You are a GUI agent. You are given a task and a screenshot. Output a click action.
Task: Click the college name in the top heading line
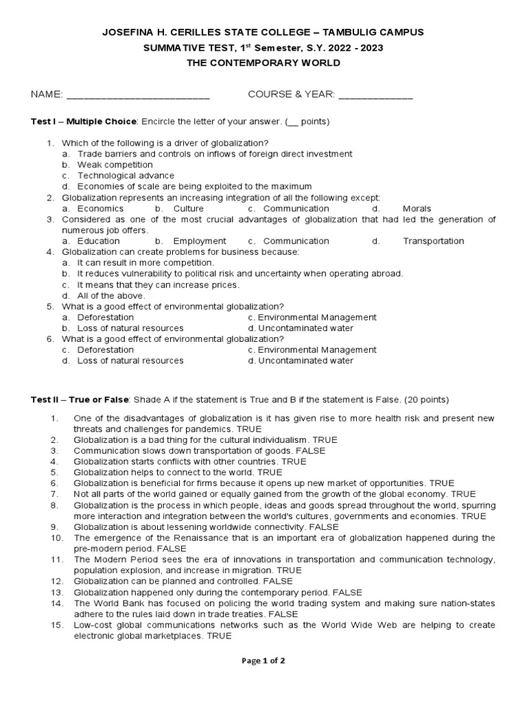[263, 32]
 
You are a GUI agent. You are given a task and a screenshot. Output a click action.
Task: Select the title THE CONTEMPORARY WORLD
[263, 63]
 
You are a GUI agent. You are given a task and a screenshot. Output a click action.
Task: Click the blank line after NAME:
[138, 95]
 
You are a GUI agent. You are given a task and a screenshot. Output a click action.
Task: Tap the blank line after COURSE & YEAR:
[375, 95]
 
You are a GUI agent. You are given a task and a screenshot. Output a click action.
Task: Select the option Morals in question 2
[417, 208]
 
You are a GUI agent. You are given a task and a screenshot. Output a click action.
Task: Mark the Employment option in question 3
[199, 241]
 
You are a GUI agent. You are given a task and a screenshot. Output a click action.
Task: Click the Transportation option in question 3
[433, 241]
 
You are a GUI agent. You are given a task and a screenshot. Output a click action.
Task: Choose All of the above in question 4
[110, 295]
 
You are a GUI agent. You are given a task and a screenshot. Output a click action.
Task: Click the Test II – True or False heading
[80, 400]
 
